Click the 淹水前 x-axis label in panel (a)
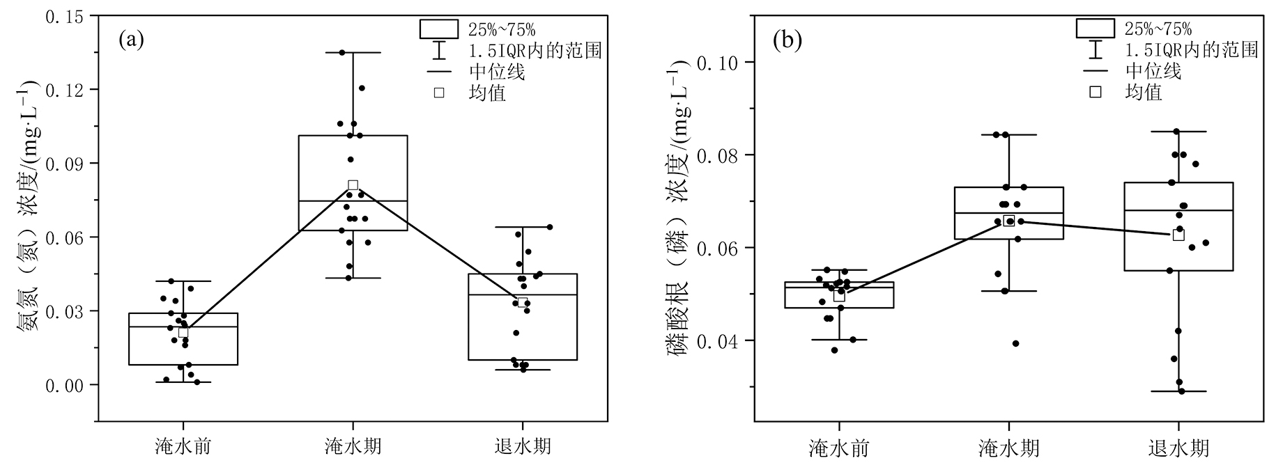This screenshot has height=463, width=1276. pyautogui.click(x=183, y=446)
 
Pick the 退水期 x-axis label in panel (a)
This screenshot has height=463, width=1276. pyautogui.click(x=523, y=446)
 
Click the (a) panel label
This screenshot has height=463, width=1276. pyautogui.click(x=131, y=40)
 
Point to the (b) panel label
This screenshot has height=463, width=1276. pyautogui.click(x=787, y=40)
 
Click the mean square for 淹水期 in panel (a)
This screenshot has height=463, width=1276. pyautogui.click(x=353, y=185)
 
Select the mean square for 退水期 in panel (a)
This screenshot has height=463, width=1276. pyautogui.click(x=523, y=302)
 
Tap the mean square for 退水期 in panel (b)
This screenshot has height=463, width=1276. pyautogui.click(x=1178, y=235)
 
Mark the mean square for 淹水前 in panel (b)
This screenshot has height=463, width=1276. pyautogui.click(x=839, y=295)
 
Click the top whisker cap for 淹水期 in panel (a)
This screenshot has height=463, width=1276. pyautogui.click(x=353, y=52)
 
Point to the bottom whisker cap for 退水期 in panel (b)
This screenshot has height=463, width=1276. pyautogui.click(x=1178, y=391)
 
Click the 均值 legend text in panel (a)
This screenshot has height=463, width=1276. pyautogui.click(x=487, y=93)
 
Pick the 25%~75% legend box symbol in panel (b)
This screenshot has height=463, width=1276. pyautogui.click(x=1096, y=28)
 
